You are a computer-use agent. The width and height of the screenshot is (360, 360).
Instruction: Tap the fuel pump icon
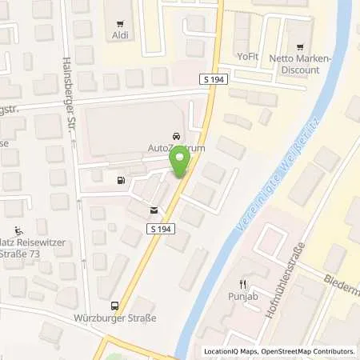tap(121, 180)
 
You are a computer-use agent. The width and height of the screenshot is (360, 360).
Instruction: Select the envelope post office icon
tap(153, 211)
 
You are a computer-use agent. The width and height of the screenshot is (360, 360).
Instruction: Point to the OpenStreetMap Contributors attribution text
tap(306, 351)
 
